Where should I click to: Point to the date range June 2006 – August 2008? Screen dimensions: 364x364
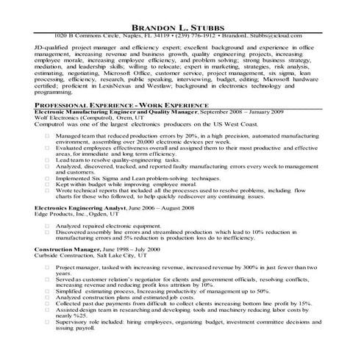(x=152, y=208)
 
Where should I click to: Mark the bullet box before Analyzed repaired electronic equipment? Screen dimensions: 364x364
(x=46, y=226)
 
